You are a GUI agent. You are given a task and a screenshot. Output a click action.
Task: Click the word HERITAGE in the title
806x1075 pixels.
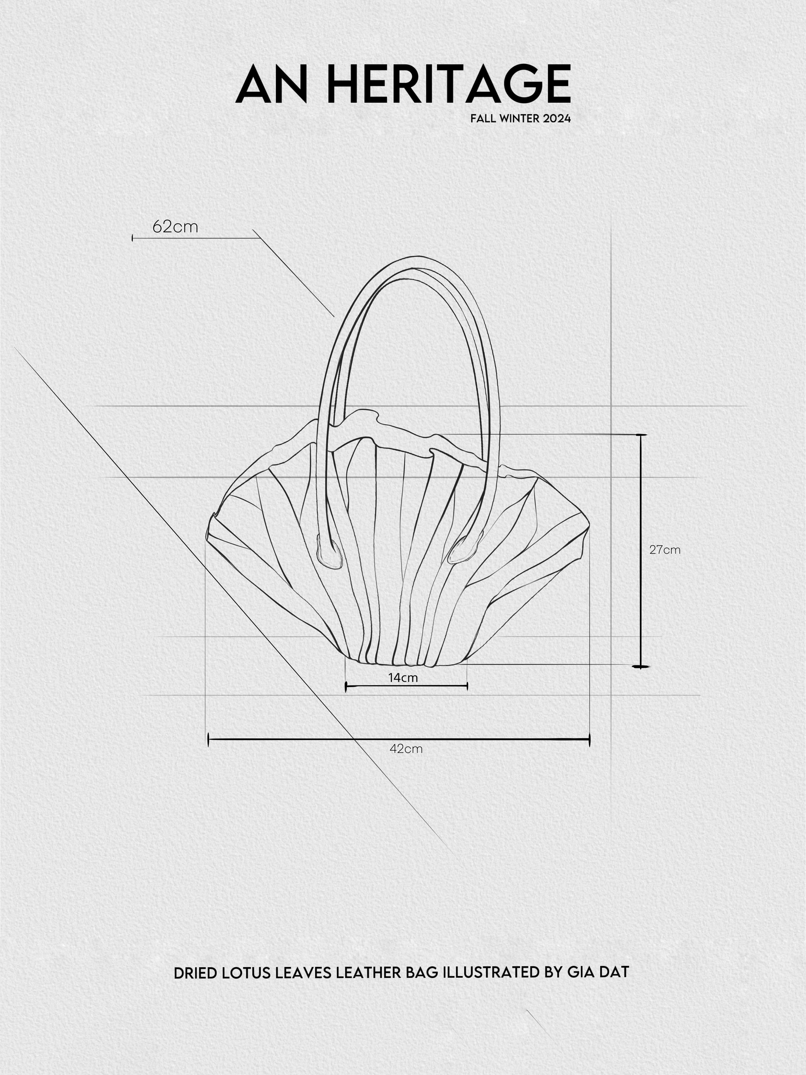449,84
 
